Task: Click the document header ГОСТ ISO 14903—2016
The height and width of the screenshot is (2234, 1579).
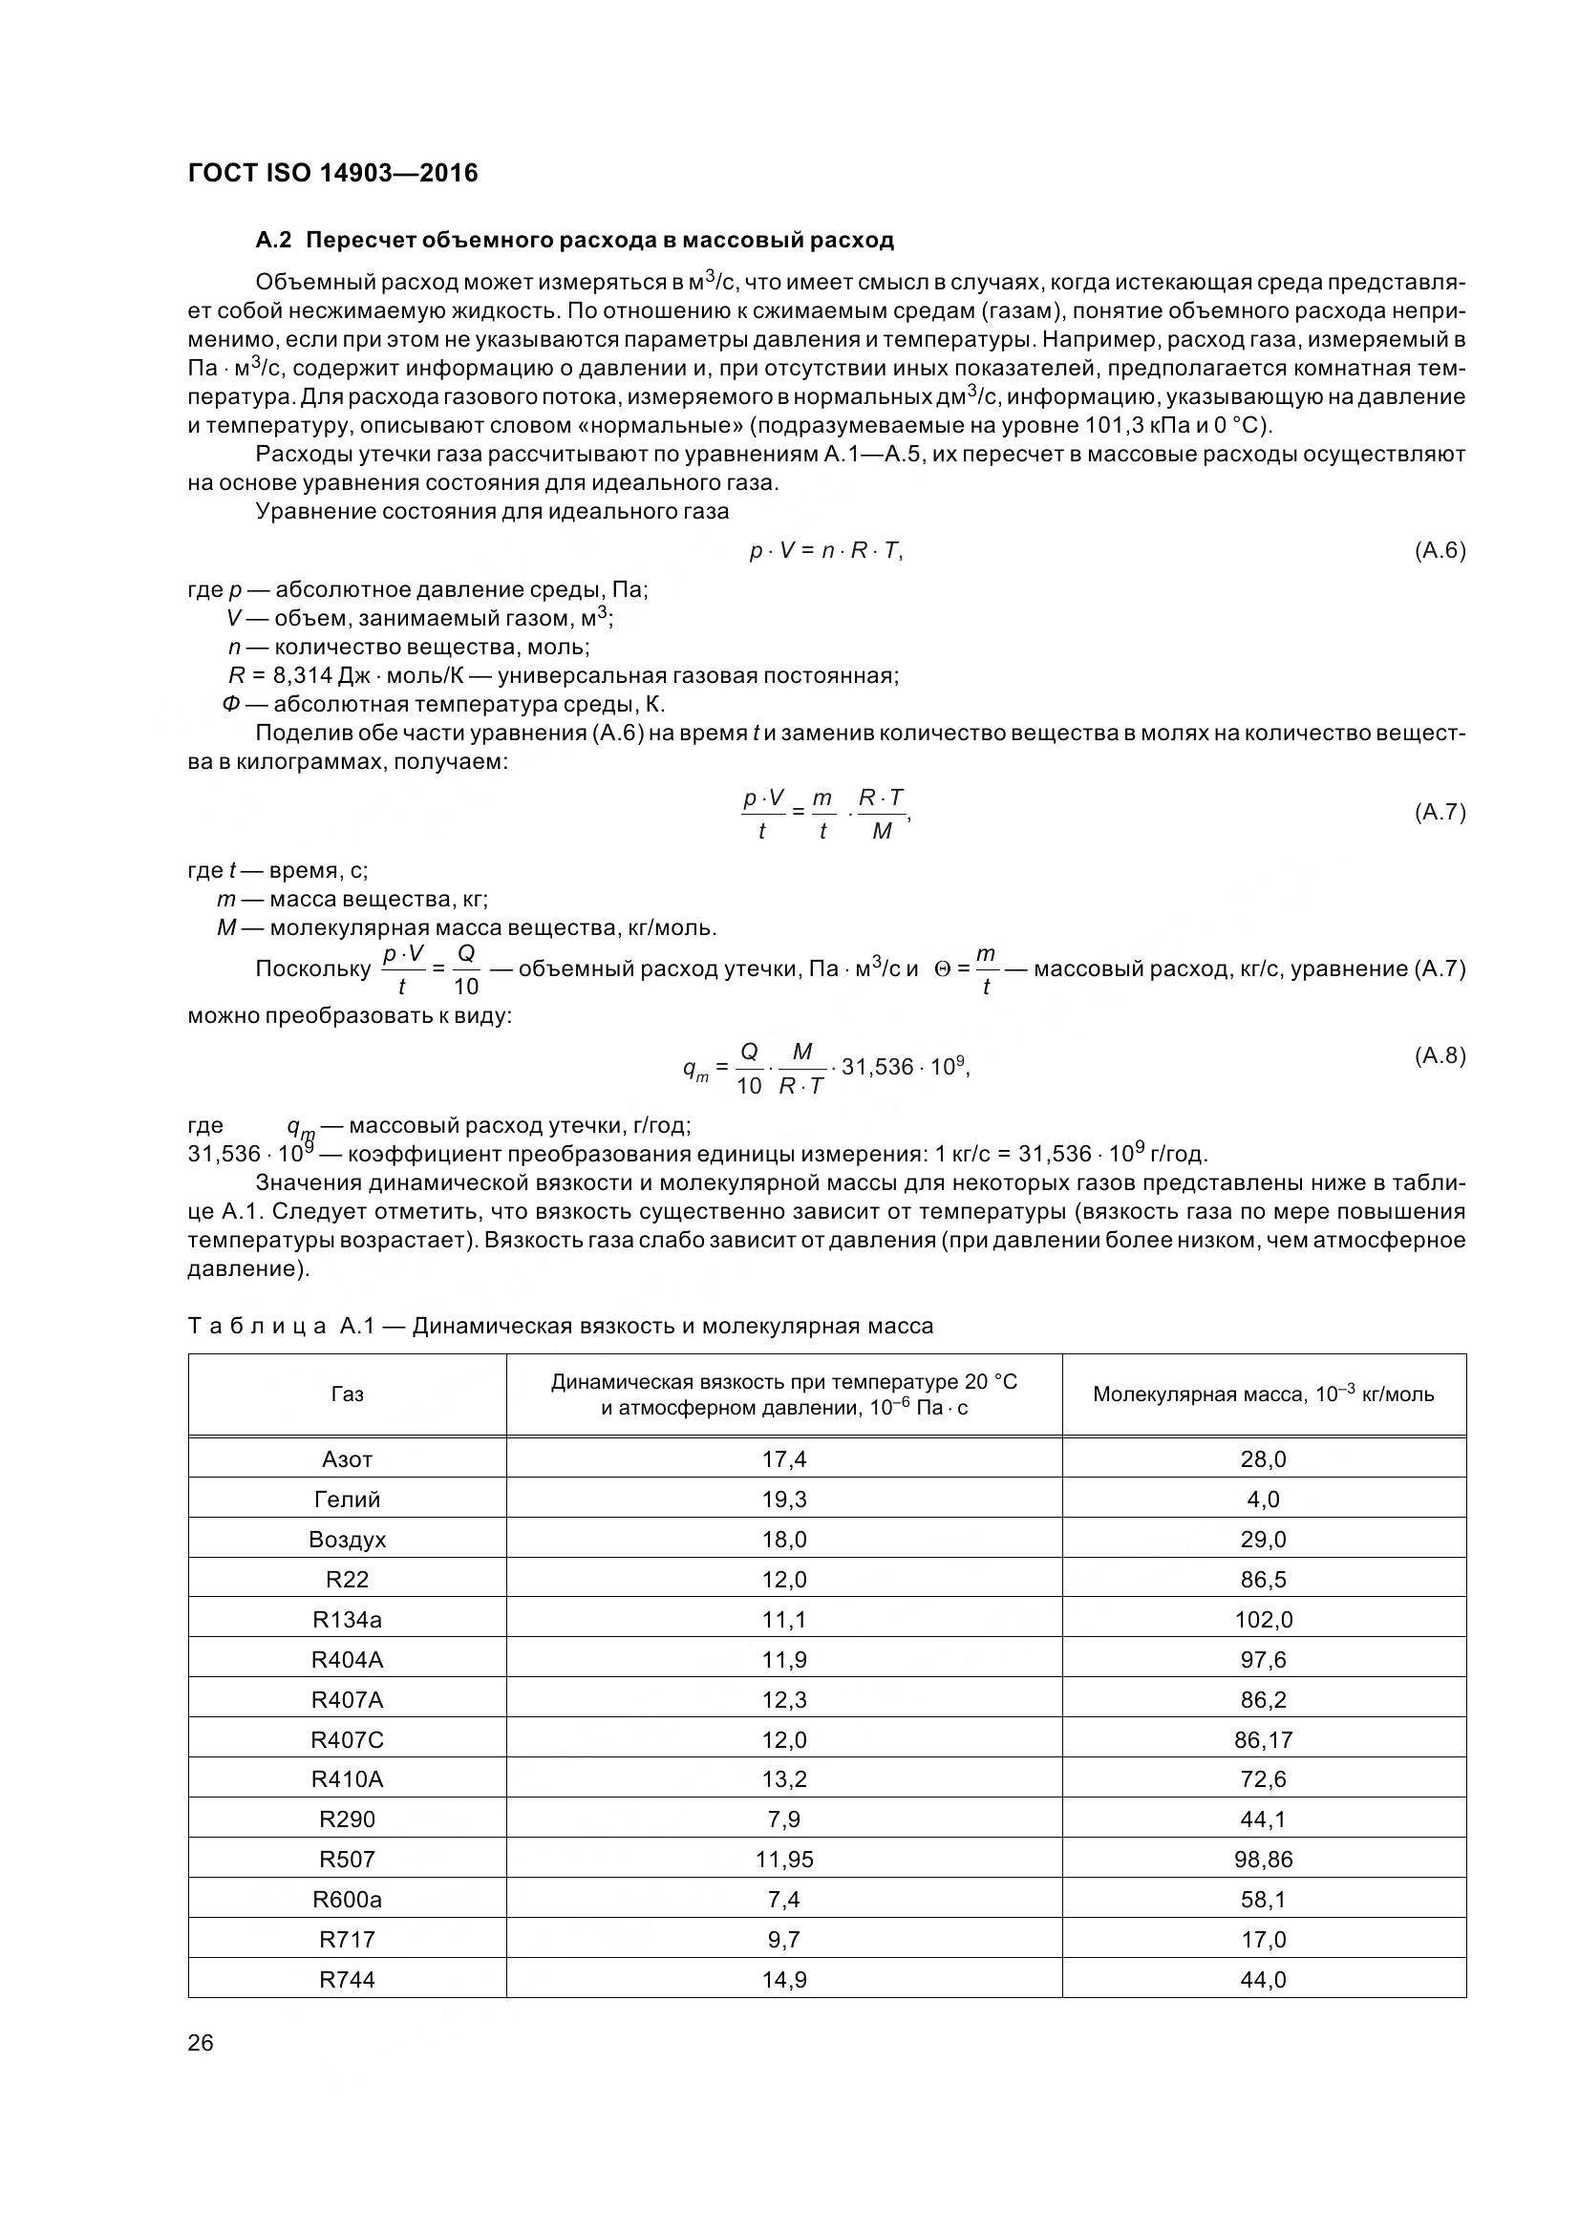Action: coord(332,173)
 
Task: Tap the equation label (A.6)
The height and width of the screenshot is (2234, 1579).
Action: coord(1439,551)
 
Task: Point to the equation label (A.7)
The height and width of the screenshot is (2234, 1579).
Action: coord(1439,812)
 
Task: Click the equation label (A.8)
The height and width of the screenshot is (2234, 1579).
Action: coord(1439,1055)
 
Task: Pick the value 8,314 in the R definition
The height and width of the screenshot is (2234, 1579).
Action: coord(303,675)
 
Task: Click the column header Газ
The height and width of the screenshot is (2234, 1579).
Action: coord(348,1394)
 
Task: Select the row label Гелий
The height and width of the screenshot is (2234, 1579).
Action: coord(348,1500)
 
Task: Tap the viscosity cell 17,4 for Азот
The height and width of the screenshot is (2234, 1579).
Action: coord(784,1459)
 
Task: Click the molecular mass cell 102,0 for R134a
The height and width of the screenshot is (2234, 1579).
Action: coord(1263,1620)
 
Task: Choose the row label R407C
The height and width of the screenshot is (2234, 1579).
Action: coord(348,1739)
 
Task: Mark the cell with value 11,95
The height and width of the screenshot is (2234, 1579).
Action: coord(784,1860)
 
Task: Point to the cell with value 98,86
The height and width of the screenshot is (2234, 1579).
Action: coord(1263,1860)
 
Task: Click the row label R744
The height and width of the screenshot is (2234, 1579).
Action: coord(348,1979)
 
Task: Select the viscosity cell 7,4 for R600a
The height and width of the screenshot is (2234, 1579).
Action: coord(784,1900)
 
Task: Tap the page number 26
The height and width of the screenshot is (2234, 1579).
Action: coord(201,2043)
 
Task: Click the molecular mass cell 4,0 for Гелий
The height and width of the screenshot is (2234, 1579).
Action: coord(1263,1500)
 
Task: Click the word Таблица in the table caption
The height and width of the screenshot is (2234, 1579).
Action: coord(257,1327)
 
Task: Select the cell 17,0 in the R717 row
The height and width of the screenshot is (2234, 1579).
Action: coord(1263,1939)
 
